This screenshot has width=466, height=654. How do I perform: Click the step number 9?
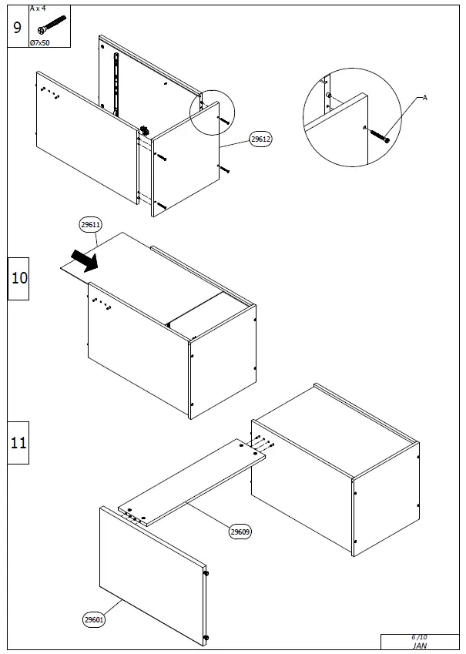coord(18,29)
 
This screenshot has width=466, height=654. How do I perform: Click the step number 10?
coord(18,277)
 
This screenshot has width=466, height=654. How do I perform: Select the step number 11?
coord(18,443)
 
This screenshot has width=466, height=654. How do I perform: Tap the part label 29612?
coord(260,140)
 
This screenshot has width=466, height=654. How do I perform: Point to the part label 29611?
coord(91,224)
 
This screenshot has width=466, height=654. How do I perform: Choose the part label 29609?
coord(240,531)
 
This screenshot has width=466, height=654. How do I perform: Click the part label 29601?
coord(94,619)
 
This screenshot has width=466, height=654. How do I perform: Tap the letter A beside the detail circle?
coord(425,98)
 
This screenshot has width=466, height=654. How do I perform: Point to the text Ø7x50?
coord(40,42)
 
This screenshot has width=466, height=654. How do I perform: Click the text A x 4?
coord(38,8)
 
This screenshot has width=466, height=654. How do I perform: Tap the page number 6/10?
coord(419,637)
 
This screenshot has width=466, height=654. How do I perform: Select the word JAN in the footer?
coord(419,646)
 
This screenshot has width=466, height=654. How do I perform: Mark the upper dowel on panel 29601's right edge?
coord(206,572)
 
